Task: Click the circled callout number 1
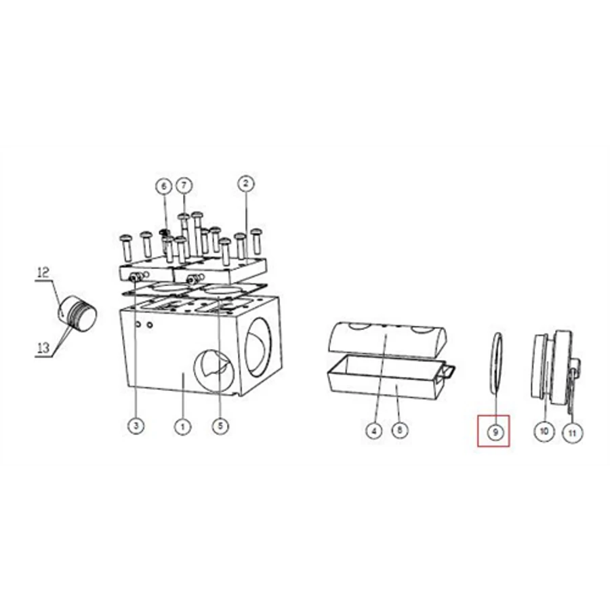pos(182,426)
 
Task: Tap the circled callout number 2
pos(245,184)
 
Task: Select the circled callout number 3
pos(136,426)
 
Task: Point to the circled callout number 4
pos(374,431)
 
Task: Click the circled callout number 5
pos(220,426)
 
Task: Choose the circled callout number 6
pos(164,186)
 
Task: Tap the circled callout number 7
pos(184,185)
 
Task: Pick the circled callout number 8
pos(399,430)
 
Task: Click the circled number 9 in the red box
pos(495,432)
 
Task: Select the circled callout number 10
pos(544,431)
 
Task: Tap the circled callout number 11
pos(572,432)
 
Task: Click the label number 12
pos(43,272)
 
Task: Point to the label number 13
pos(43,348)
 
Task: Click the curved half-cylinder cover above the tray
pos(388,337)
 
